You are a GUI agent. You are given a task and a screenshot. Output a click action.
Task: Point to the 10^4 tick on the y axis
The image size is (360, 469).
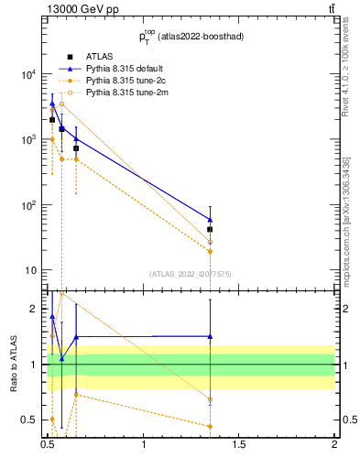coord(30,74)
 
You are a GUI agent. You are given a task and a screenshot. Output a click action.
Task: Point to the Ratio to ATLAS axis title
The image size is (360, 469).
coord(14,365)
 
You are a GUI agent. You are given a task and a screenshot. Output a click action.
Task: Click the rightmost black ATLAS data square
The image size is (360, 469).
coord(210,230)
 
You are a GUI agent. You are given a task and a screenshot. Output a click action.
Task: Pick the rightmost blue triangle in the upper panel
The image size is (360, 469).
coord(210,219)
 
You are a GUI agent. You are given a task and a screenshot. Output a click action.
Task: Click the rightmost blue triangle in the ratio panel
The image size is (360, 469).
coord(210,336)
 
